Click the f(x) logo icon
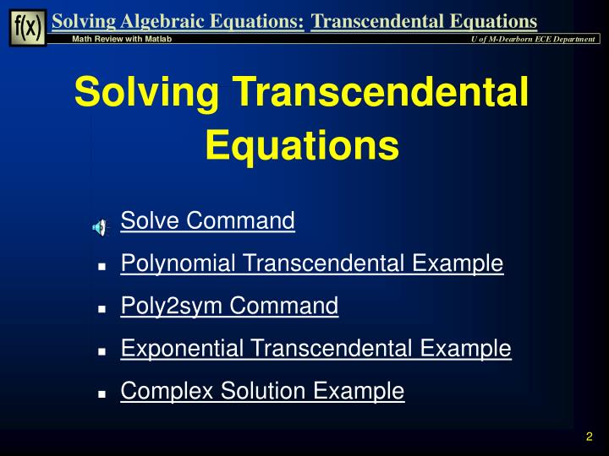point(28,27)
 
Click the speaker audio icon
point(101,226)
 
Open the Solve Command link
point(207,221)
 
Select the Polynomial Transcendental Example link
point(312,264)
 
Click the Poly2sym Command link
point(229,306)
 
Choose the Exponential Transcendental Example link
point(315,348)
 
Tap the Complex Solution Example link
point(262,391)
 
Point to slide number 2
point(588,437)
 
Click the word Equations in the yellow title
point(303,144)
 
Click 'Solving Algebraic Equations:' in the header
point(178,21)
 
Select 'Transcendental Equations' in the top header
point(424,21)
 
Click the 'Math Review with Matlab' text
point(122,41)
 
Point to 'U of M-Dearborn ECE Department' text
point(534,41)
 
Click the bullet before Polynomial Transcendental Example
point(101,267)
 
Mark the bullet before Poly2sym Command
point(101,309)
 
